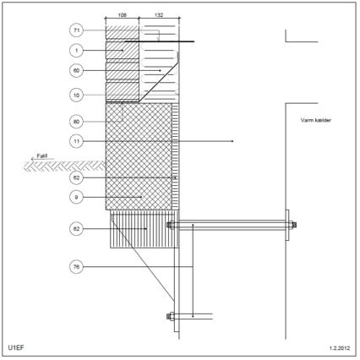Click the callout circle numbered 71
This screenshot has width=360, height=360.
(x=76, y=30)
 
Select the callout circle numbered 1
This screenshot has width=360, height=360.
(x=76, y=51)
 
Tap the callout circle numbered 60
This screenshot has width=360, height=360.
(x=76, y=70)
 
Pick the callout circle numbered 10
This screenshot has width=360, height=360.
(x=76, y=95)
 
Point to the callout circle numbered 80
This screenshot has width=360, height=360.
(x=76, y=122)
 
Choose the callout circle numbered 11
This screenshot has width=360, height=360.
(x=76, y=141)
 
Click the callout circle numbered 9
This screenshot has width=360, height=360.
(x=76, y=197)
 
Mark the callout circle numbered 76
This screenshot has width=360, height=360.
(x=76, y=267)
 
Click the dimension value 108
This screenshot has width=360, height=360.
(x=122, y=15)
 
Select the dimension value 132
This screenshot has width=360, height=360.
(x=159, y=15)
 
